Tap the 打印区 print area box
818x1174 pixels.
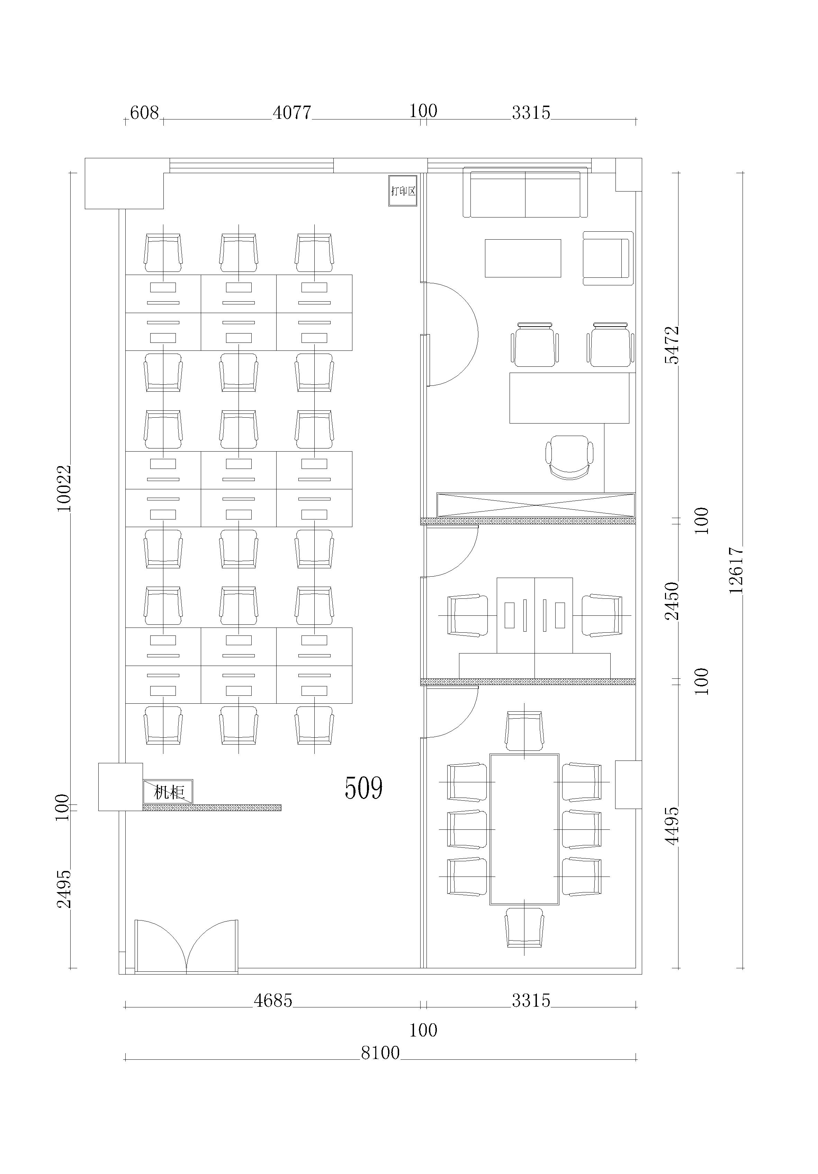pyautogui.click(x=403, y=191)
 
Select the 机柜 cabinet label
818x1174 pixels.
pyautogui.click(x=169, y=792)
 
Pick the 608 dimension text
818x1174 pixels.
pyautogui.click(x=145, y=113)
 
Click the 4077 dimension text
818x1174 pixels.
pyautogui.click(x=292, y=113)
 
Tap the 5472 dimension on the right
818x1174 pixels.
pyautogui.click(x=672, y=345)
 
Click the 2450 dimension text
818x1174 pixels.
pyautogui.click(x=672, y=601)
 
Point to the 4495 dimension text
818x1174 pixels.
pyautogui.click(x=672, y=826)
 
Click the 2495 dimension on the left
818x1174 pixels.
pyautogui.click(x=64, y=889)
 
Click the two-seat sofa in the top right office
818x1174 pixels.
pyautogui.click(x=525, y=192)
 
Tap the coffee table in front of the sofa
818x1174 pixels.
pyautogui.click(x=522, y=258)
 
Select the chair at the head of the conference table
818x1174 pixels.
pyautogui.click(x=524, y=731)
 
